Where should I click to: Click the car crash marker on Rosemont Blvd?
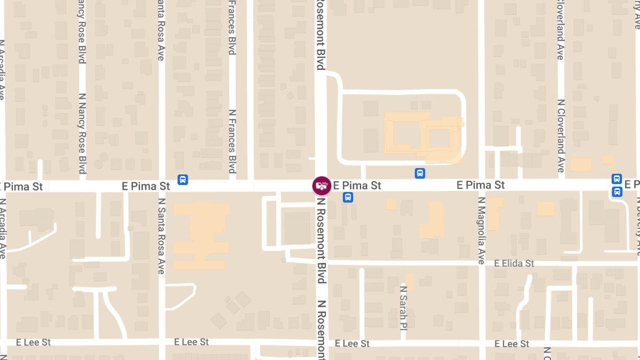tap(321, 186)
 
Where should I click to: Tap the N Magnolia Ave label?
tap(481, 230)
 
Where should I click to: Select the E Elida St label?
tap(514, 263)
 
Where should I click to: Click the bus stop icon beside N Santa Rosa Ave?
tap(182, 180)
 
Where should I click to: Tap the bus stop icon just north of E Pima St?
tap(420, 173)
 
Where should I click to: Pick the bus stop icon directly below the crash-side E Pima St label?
tap(348, 198)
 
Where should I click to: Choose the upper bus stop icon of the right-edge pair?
tap(617, 179)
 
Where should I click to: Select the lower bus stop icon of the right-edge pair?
tap(617, 191)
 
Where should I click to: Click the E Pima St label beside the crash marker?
tap(357, 186)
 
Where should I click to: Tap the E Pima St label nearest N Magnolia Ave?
tap(481, 185)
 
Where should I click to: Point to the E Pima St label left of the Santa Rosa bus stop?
tap(146, 186)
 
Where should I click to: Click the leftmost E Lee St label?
tap(34, 342)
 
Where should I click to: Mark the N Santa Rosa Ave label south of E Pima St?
tap(161, 236)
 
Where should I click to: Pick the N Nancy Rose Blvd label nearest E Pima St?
tap(82, 133)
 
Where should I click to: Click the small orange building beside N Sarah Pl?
tap(410, 282)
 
